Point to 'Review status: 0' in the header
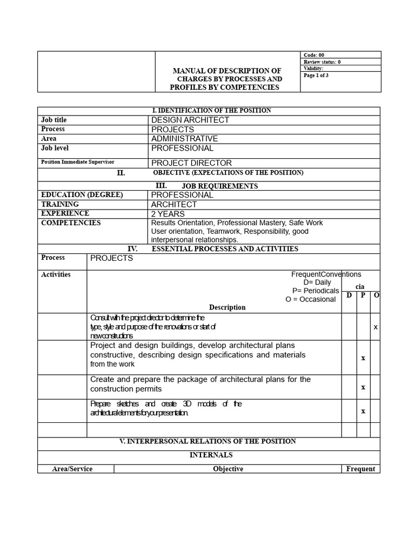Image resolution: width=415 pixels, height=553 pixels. tap(322, 62)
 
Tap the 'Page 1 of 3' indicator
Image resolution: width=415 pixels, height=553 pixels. tap(316, 76)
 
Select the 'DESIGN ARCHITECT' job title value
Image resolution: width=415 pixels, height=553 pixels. tap(190, 120)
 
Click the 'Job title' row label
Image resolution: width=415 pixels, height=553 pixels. tap(54, 120)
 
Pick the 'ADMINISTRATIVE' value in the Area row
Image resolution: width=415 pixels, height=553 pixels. tap(184, 139)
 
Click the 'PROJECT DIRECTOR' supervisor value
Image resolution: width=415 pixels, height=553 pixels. tap(191, 163)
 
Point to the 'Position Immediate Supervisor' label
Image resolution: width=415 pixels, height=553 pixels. tap(78, 162)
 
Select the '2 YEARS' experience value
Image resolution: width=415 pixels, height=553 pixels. tap(168, 214)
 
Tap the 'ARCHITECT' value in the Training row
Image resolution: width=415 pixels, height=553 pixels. tap(174, 205)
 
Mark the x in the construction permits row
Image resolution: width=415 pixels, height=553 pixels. tap(363, 387)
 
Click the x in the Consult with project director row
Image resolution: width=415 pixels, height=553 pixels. tap(376, 327)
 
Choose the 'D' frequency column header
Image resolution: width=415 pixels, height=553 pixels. tap(349, 295)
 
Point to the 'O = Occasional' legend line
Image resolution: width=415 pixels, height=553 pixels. tap(311, 300)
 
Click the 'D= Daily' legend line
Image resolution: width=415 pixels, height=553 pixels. tap(317, 282)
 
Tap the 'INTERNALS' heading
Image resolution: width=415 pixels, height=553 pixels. tap(211, 455)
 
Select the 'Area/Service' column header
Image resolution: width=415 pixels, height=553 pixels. tap(72, 469)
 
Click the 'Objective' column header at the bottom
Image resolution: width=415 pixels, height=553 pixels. tap(228, 469)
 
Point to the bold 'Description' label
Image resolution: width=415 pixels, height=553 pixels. tap(227, 307)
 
